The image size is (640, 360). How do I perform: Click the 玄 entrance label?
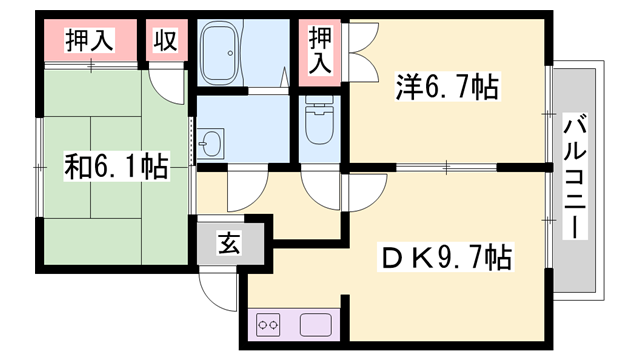[x=229, y=243]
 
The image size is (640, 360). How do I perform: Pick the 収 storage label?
[x=165, y=42]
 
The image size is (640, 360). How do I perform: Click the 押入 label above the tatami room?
[x=89, y=42]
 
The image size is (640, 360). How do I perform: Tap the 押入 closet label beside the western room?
[x=320, y=51]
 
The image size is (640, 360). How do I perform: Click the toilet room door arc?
[x=319, y=185]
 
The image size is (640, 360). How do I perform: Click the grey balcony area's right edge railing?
[x=603, y=176]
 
